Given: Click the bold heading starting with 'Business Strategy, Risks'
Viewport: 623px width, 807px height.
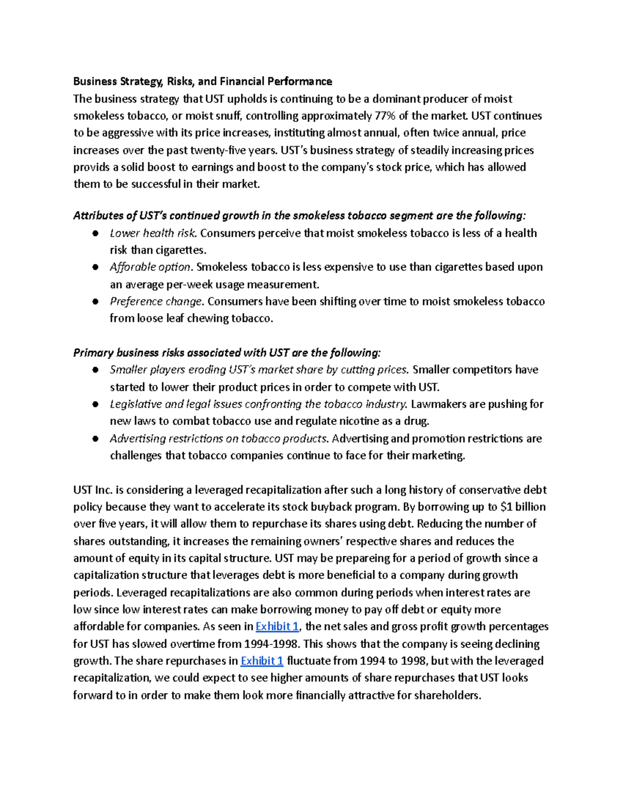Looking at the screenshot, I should pyautogui.click(x=202, y=82).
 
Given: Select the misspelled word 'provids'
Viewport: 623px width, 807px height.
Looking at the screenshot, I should pyautogui.click(x=91, y=167).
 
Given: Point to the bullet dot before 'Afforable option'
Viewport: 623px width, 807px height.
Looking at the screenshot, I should pyautogui.click(x=96, y=268).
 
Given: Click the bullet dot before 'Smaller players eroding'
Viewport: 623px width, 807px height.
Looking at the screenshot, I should pyautogui.click(x=96, y=371).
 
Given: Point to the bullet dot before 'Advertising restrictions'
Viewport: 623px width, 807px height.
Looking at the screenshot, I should pyautogui.click(x=96, y=439).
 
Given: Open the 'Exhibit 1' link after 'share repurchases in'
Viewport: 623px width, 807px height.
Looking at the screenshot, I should pyautogui.click(x=262, y=661).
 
